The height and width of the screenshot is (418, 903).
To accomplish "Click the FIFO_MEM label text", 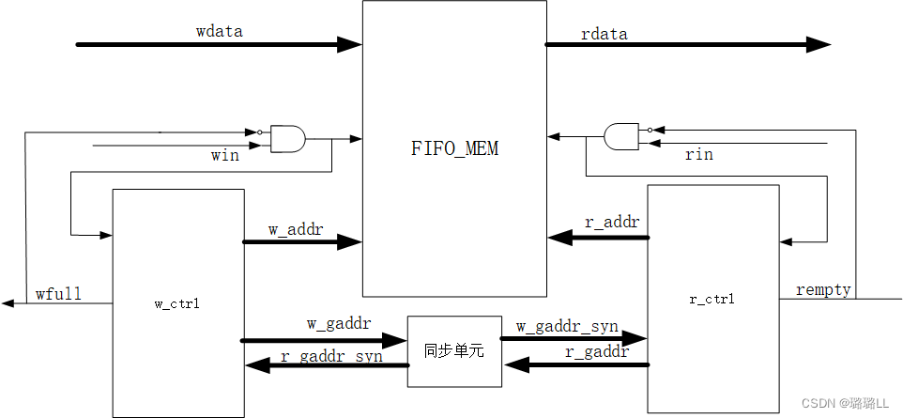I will pyautogui.click(x=455, y=148).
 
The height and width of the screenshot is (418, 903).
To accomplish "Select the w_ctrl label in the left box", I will pyautogui.click(x=177, y=303).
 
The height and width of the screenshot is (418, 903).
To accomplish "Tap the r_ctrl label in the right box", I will pyautogui.click(x=712, y=300).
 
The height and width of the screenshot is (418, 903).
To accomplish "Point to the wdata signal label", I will pyautogui.click(x=220, y=31).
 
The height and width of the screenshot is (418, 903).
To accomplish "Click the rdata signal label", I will pyautogui.click(x=605, y=34).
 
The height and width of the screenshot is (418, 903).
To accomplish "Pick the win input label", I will pyautogui.click(x=224, y=155).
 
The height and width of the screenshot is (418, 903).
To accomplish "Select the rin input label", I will pyautogui.click(x=699, y=154).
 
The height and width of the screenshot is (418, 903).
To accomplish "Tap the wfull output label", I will pyautogui.click(x=58, y=294).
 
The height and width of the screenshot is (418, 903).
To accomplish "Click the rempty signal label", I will pyautogui.click(x=823, y=289).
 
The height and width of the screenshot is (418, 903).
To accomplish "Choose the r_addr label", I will pyautogui.click(x=612, y=223).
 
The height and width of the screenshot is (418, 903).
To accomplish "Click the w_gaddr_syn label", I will pyautogui.click(x=567, y=326).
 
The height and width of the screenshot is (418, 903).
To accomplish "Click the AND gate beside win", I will pyautogui.click(x=288, y=139).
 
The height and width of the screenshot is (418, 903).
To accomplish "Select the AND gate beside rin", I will pyautogui.click(x=621, y=136).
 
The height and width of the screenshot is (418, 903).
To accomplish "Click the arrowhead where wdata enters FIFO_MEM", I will pyautogui.click(x=351, y=44).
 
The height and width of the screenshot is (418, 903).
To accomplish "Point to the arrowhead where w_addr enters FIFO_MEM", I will pyautogui.click(x=350, y=242).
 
